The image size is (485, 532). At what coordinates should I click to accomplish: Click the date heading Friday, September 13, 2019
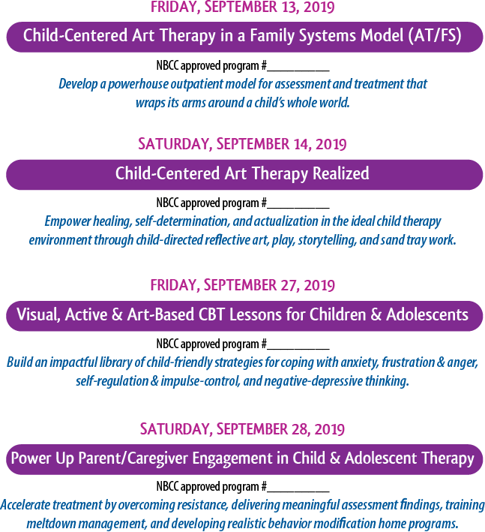pyautogui.click(x=242, y=7)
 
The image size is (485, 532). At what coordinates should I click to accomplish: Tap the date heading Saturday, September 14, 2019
pyautogui.click(x=242, y=144)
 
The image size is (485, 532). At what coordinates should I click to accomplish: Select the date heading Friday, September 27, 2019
pyautogui.click(x=242, y=285)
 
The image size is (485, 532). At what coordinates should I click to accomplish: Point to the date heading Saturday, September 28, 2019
pyautogui.click(x=242, y=429)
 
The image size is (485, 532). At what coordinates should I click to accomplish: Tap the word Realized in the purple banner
pyautogui.click(x=340, y=173)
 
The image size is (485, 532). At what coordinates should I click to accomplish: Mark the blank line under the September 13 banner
pyautogui.click(x=298, y=71)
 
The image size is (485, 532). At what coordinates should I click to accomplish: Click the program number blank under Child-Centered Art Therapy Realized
pyautogui.click(x=298, y=208)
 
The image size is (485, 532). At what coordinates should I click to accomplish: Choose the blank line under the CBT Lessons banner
pyautogui.click(x=298, y=349)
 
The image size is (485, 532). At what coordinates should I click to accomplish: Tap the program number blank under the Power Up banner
pyautogui.click(x=298, y=491)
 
